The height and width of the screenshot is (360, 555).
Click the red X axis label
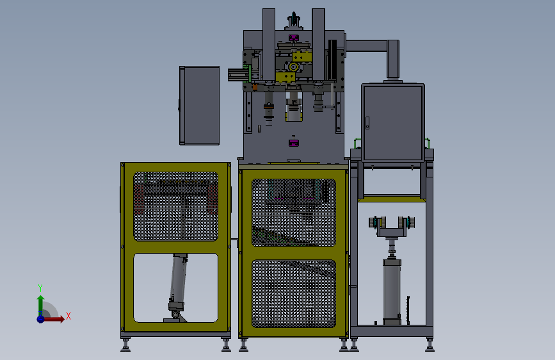(x=68, y=316)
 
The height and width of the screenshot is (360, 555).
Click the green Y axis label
(x=40, y=288)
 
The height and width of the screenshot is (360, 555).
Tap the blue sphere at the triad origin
(x=41, y=319)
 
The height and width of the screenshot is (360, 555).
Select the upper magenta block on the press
(x=293, y=38)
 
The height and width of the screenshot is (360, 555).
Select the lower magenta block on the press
(x=293, y=143)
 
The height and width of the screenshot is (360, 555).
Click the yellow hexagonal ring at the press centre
(x=293, y=67)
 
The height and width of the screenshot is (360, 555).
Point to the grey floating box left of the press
(x=199, y=106)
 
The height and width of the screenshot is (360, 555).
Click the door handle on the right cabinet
(x=367, y=122)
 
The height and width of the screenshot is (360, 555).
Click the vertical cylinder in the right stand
(x=392, y=291)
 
